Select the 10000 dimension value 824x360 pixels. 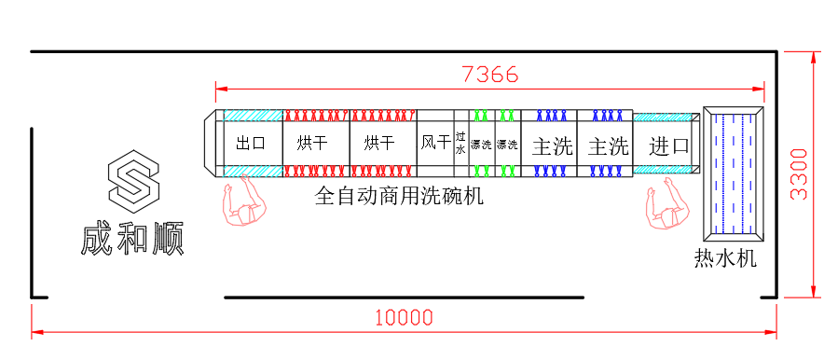pyautogui.click(x=404, y=317)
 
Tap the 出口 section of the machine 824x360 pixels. pyautogui.click(x=252, y=144)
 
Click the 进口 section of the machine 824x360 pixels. pyautogui.click(x=668, y=145)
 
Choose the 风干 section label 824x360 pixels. pyautogui.click(x=434, y=144)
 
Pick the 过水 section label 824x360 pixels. pyautogui.click(x=460, y=143)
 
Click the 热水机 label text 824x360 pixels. pyautogui.click(x=724, y=258)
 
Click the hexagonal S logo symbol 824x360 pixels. pyautogui.click(x=133, y=181)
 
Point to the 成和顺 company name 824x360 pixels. pyautogui.click(x=132, y=239)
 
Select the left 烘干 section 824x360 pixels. pyautogui.click(x=312, y=144)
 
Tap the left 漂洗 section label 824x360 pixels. pyautogui.click(x=481, y=145)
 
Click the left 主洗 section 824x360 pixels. pyautogui.click(x=552, y=145)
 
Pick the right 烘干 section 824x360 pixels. pyautogui.click(x=378, y=144)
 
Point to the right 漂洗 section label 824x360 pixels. pyautogui.click(x=507, y=145)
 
